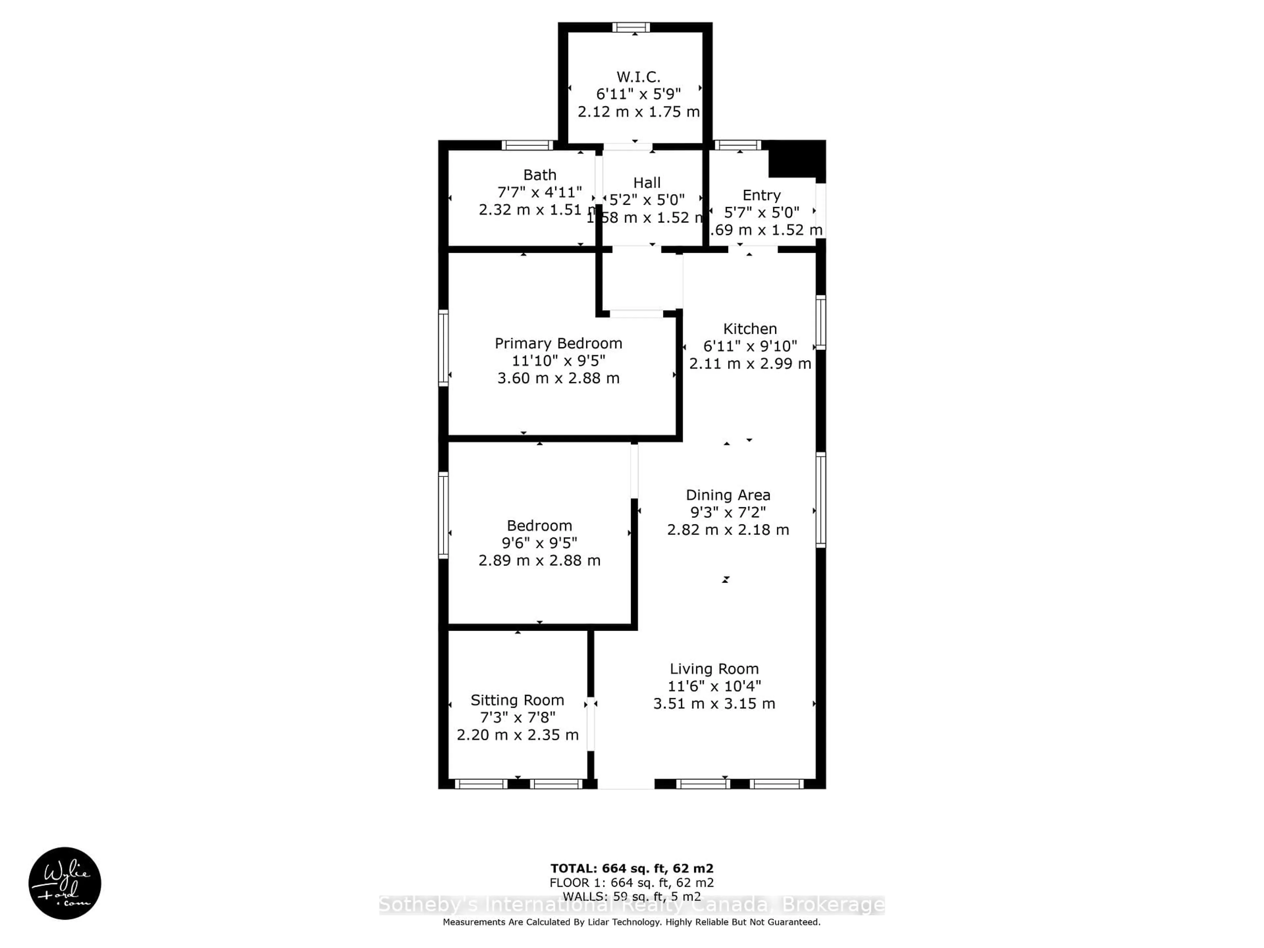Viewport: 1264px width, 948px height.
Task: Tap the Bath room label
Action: [540, 175]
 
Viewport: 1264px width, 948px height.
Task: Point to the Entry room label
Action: [761, 196]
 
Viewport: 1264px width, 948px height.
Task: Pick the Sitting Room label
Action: [517, 700]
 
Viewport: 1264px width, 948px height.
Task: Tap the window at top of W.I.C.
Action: [631, 27]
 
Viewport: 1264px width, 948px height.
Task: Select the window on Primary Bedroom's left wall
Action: [443, 347]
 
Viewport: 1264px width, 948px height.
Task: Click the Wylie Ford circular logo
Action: [65, 883]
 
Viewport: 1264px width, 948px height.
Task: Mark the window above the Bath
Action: [527, 145]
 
